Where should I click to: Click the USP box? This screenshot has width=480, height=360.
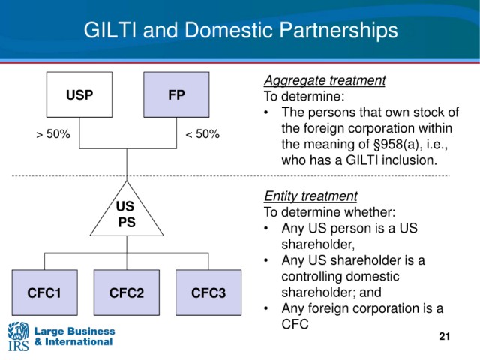pos(79,94)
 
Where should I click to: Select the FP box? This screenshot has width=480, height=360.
pos(176,94)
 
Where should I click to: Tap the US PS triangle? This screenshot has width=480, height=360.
pos(127,214)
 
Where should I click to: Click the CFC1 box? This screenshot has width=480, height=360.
pos(45,292)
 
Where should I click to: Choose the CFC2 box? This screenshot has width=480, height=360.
pos(127,292)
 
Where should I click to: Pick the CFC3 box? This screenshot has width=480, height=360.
pos(208,292)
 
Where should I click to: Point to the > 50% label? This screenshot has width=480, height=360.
pos(53,134)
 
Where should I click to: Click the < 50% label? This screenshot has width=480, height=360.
pos(202,134)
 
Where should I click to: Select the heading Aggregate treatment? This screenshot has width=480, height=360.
pos(325,80)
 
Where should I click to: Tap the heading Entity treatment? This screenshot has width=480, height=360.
pos(310,196)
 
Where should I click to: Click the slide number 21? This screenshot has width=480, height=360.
pos(445,336)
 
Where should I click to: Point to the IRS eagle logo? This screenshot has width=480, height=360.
pos(18,336)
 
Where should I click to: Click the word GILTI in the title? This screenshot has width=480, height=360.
pos(110,30)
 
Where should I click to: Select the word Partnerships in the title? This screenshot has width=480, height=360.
pos(338,31)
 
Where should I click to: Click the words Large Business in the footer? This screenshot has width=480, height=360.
pos(75,331)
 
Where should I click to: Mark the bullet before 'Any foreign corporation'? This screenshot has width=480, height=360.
pos(266,308)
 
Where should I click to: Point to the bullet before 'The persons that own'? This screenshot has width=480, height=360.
pos(266,112)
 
